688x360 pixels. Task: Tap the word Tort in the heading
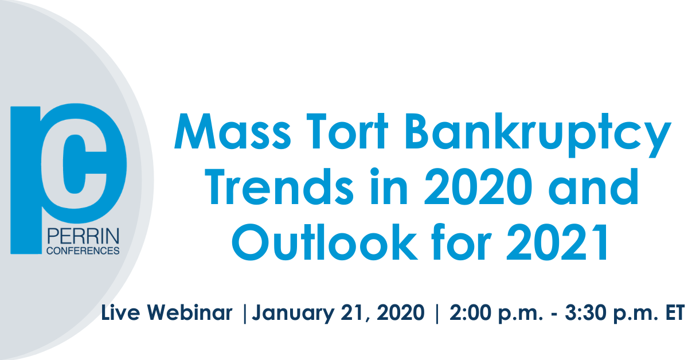[347, 131]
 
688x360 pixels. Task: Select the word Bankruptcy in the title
[538, 135]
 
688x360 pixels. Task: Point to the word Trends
[279, 186]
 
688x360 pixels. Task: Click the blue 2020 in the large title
[478, 186]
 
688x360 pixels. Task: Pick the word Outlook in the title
[325, 242]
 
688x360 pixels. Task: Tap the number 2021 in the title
[557, 242]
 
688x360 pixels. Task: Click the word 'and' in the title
[593, 186]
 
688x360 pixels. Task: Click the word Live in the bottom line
[120, 312]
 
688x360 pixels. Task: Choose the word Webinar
[190, 312]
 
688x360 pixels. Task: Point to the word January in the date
[294, 314]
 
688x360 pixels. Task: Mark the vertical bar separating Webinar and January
[245, 314]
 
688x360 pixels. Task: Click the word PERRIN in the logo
[83, 236]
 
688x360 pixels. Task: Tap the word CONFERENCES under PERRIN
[83, 251]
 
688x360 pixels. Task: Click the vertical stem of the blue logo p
[26, 181]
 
